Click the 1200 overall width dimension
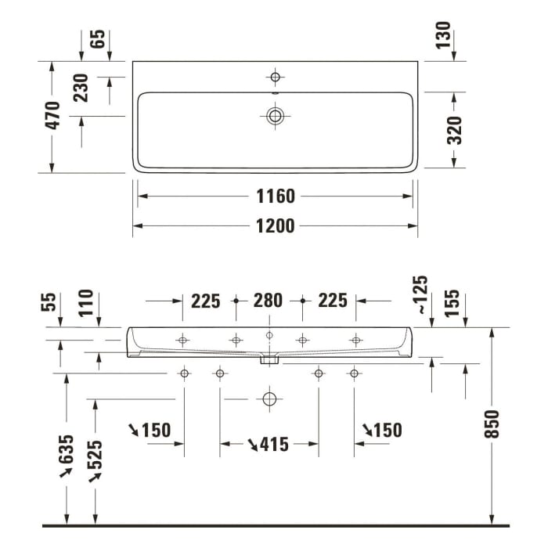click(275, 226)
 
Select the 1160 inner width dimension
click(275, 196)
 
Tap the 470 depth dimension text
click(52, 116)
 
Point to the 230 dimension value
click(81, 89)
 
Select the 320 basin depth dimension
click(455, 130)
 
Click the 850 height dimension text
click(492, 424)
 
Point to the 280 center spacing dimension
click(269, 301)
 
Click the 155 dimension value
click(452, 303)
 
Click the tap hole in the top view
click(275, 77)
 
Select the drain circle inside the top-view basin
click(275, 116)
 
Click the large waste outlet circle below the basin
click(269, 399)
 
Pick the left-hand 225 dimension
click(205, 301)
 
